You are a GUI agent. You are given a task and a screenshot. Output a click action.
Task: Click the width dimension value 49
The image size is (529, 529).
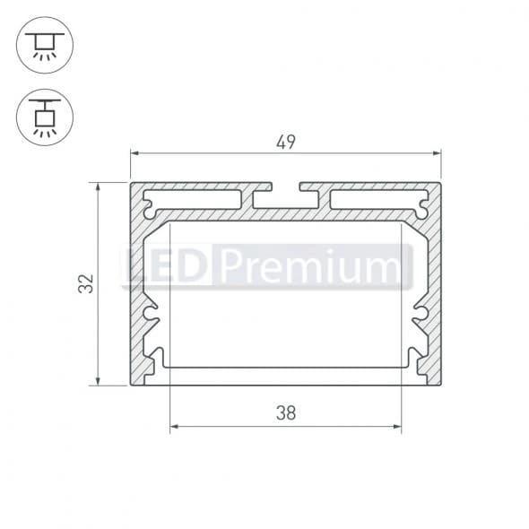(x=286, y=141)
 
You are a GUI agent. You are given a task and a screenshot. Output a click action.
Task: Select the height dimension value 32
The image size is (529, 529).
(x=86, y=283)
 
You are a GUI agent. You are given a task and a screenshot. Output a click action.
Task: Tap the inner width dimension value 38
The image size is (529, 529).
(x=286, y=413)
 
